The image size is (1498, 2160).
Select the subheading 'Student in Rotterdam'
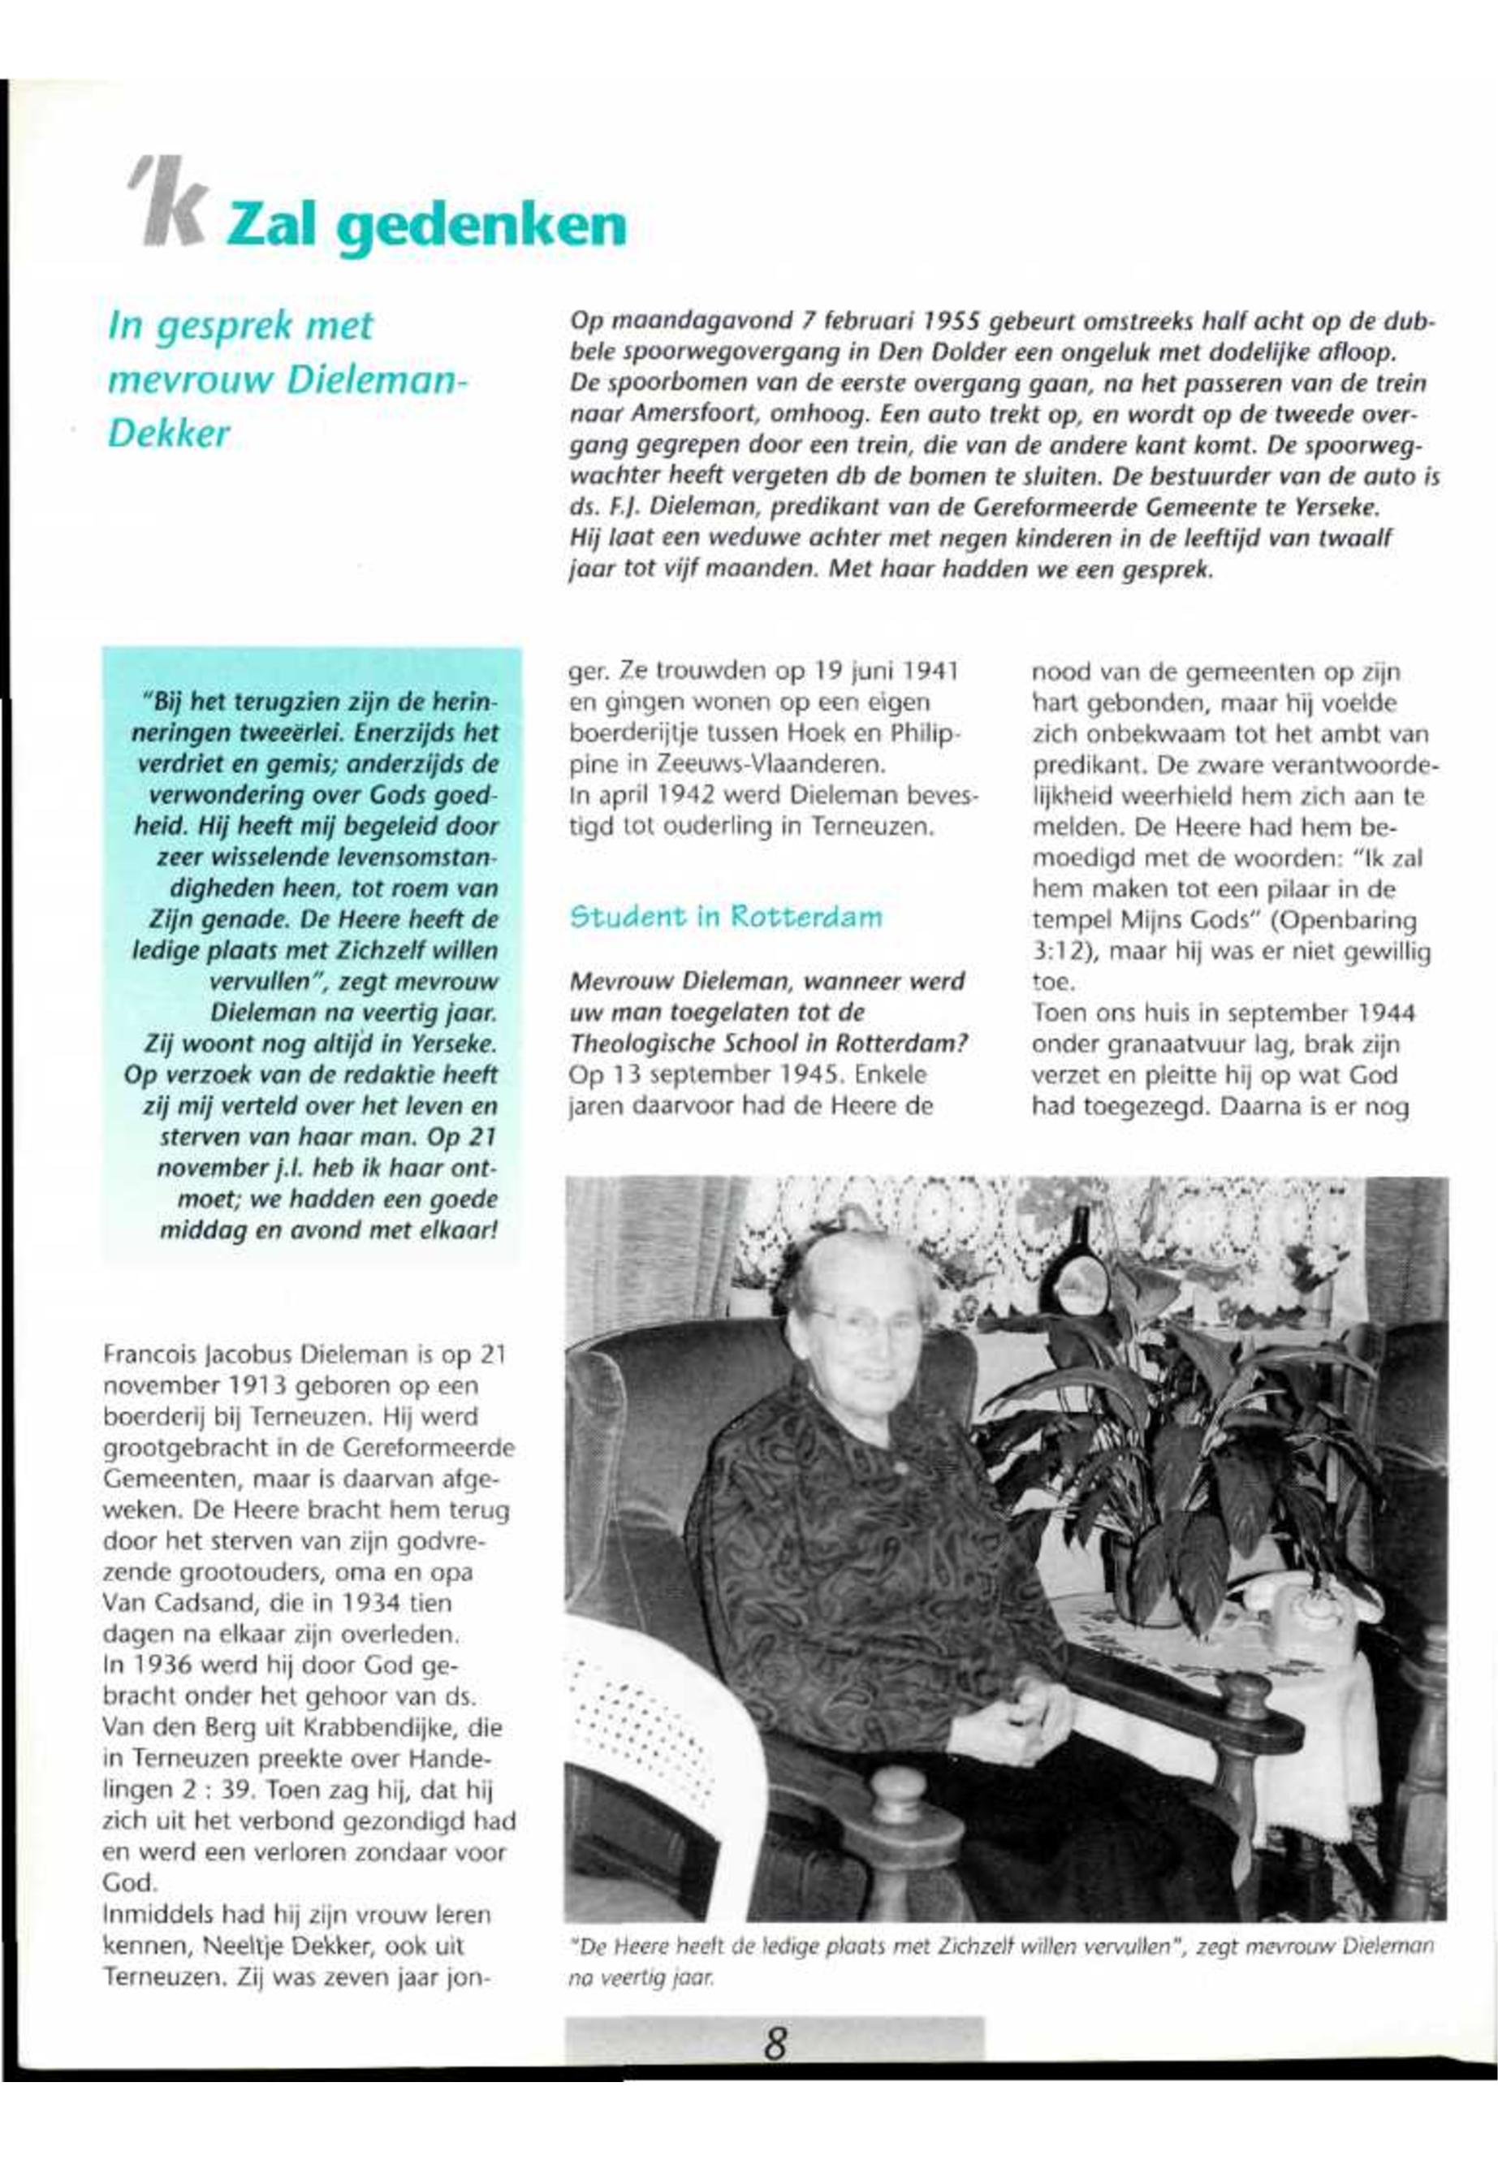727,916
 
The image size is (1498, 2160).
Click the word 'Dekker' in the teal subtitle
169,435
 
